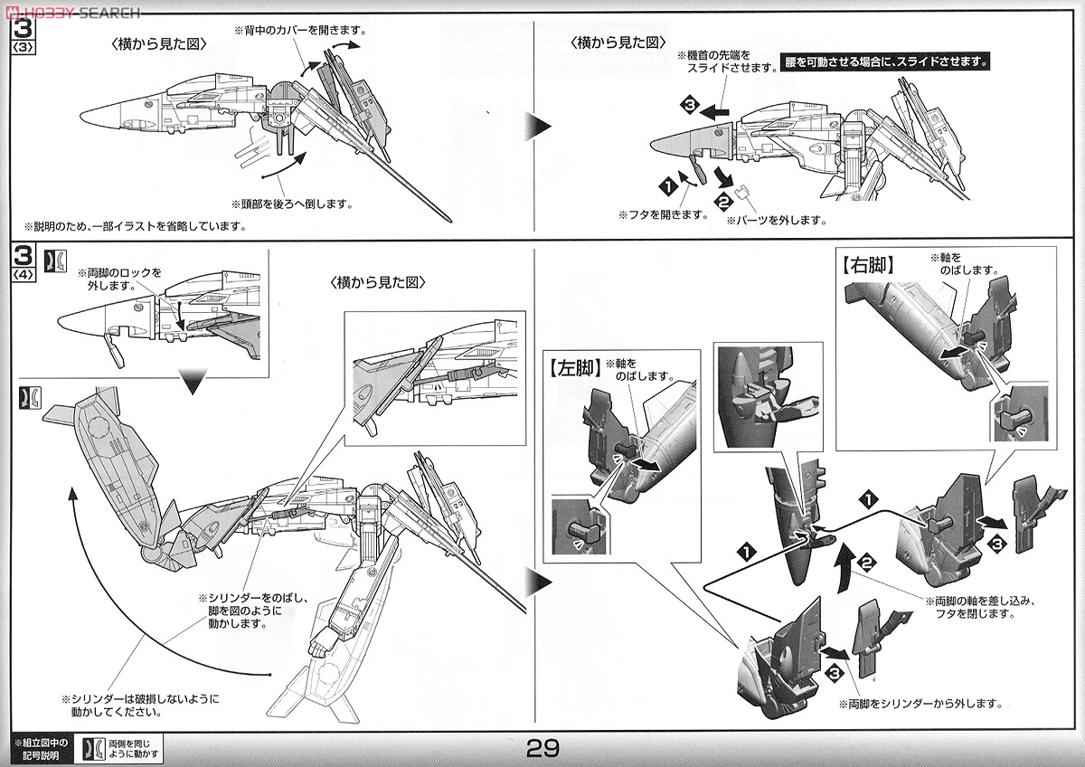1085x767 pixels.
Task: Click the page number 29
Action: pos(543,749)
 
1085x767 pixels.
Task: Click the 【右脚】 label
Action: pos(867,267)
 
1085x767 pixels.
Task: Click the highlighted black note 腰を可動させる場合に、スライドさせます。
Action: pos(886,63)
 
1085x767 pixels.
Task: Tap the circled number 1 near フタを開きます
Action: pos(668,187)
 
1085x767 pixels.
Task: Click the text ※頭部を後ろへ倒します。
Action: pos(291,204)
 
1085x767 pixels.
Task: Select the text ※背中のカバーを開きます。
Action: pos(300,30)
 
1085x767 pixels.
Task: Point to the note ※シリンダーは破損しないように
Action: pos(140,699)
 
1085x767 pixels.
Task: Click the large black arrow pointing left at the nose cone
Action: pos(719,110)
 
